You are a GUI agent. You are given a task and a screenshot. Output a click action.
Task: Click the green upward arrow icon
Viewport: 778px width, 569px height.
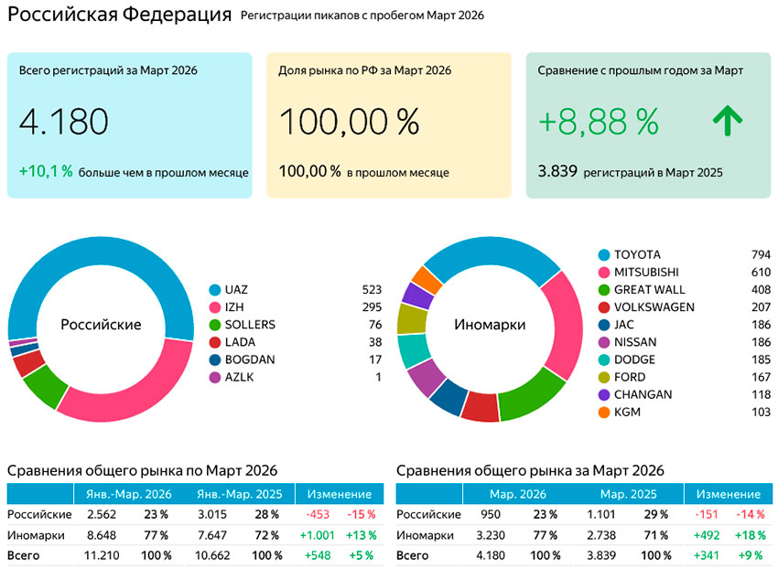(x=728, y=122)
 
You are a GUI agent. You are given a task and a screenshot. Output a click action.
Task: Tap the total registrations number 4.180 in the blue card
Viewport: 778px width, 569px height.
(x=64, y=122)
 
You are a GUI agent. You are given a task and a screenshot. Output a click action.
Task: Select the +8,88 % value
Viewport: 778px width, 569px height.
(x=599, y=122)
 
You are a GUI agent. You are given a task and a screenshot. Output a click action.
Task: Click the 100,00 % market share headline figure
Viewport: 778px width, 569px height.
(x=349, y=122)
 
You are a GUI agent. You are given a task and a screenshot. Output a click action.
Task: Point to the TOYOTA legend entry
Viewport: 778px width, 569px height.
(x=637, y=254)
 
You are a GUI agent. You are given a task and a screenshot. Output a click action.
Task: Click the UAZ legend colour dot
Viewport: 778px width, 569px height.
(x=215, y=290)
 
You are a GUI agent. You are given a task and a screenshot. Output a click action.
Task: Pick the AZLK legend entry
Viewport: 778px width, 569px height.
(x=239, y=377)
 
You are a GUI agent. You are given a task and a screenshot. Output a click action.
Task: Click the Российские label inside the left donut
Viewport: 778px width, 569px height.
(x=101, y=325)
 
